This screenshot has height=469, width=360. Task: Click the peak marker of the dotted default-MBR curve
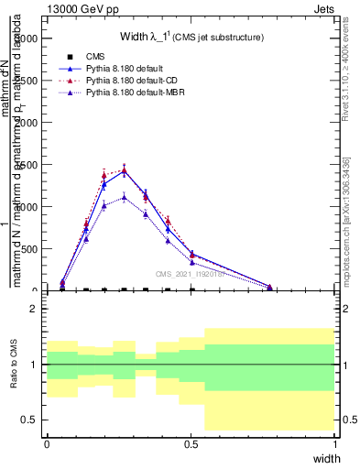coord(124,196)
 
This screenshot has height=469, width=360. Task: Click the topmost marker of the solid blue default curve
coord(124,170)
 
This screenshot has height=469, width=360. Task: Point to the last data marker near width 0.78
coord(270,287)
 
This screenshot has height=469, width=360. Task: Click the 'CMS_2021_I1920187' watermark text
coord(192,273)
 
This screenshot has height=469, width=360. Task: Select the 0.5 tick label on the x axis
coord(191,444)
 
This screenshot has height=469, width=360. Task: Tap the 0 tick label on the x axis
coord(47,444)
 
